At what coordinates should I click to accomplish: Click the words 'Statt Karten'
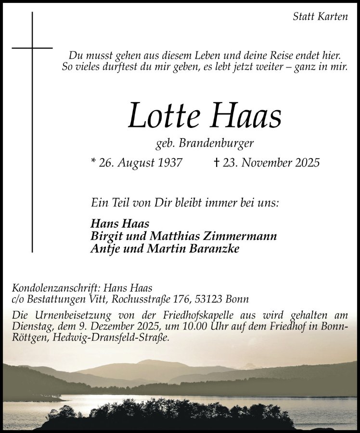coord(320,17)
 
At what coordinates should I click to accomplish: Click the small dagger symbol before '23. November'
coord(216,163)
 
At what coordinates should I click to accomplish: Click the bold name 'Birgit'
coord(105,236)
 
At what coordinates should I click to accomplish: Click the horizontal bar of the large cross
coord(32,48)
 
